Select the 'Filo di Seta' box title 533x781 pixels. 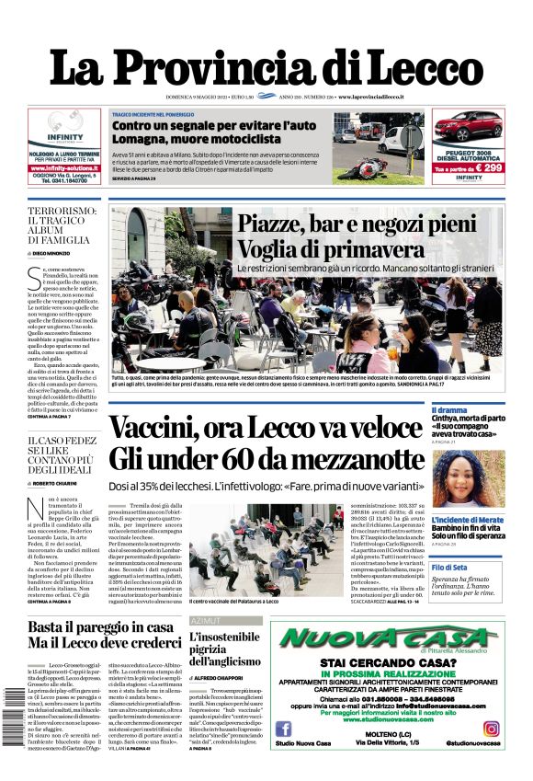(475, 568)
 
